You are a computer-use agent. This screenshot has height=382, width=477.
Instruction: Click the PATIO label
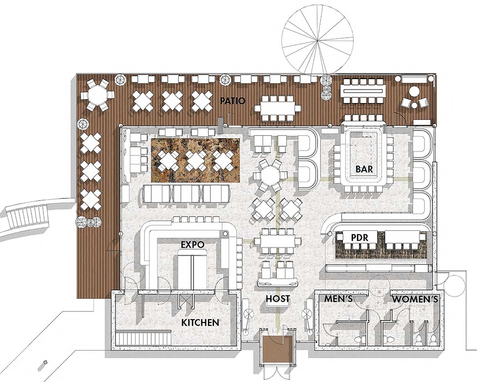pos(233,101)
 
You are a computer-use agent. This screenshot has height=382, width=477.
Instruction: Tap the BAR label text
pos(364,169)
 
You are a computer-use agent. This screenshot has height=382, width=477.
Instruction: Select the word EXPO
pos(192,244)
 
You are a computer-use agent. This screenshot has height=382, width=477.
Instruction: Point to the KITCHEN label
pos(200,322)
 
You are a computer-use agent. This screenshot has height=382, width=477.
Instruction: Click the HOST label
pos(278,299)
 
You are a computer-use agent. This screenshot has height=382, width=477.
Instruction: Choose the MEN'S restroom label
pos(338,299)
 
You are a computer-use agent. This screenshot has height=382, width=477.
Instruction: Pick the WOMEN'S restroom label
pos(415,300)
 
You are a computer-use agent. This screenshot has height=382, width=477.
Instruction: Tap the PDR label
pos(360,237)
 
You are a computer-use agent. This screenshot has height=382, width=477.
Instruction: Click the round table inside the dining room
pos(270,176)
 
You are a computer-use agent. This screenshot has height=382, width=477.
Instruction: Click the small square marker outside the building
pos(45,362)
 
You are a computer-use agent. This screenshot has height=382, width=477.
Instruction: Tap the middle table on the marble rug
pos(196,161)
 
